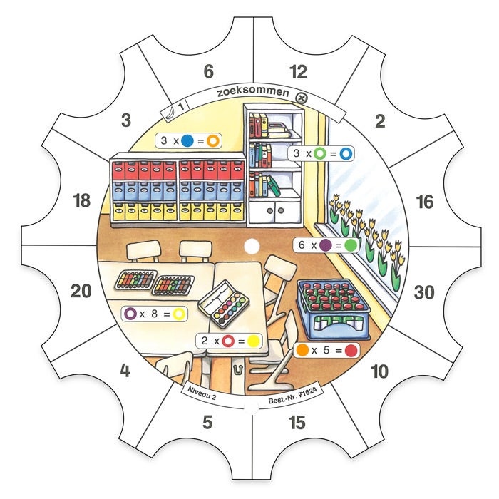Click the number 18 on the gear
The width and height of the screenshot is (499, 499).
click(82, 201)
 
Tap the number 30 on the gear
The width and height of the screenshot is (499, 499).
click(424, 292)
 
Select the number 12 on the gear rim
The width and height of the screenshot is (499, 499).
click(298, 71)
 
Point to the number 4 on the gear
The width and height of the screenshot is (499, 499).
click(125, 371)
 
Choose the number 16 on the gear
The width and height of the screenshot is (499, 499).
click(425, 202)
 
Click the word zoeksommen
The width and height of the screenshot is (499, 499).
click(253, 92)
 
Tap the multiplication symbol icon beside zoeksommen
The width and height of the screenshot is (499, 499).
click(301, 98)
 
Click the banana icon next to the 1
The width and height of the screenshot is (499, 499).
click(170, 113)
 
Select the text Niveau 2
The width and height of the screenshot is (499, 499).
click(202, 393)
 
